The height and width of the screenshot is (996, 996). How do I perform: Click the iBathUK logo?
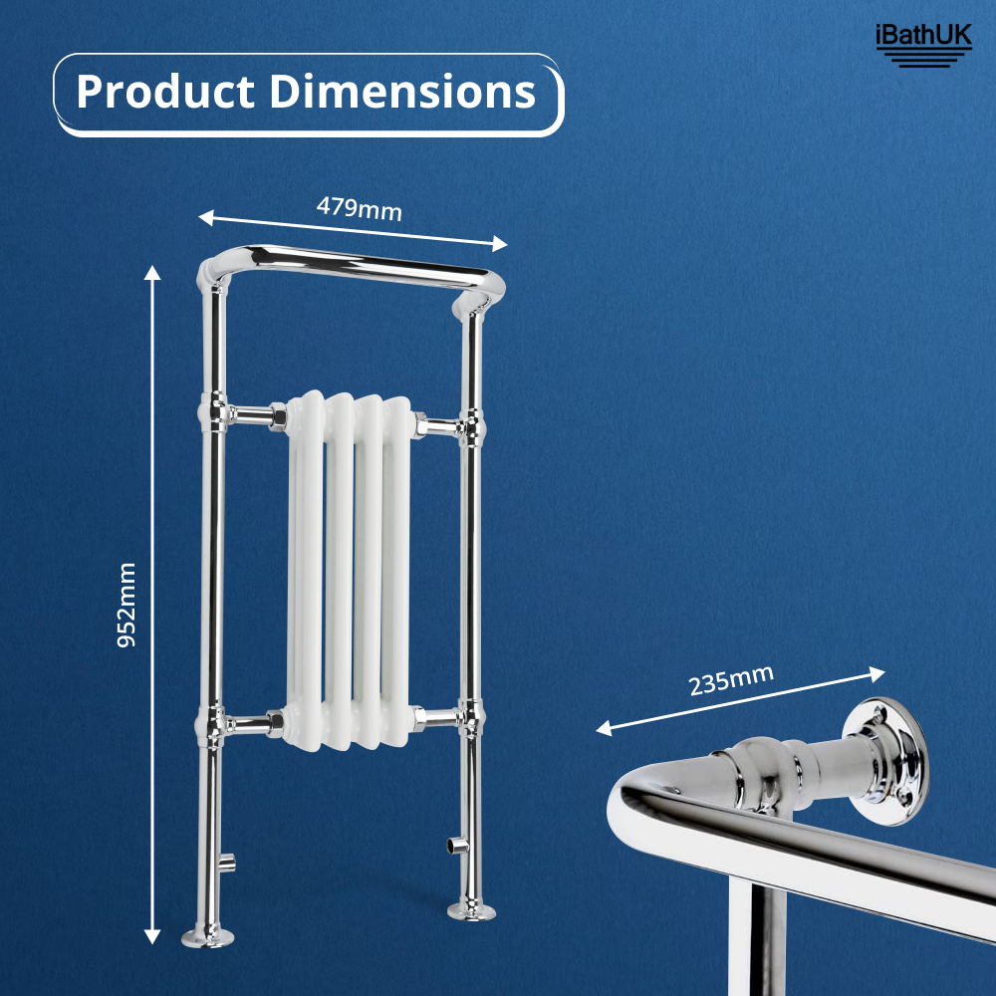pos(922,43)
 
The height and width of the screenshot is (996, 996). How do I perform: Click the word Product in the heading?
pos(165,93)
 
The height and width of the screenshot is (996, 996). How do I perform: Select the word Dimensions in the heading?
pos(402,93)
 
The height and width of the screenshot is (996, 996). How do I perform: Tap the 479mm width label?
pos(359,209)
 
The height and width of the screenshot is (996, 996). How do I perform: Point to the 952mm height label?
pos(126,605)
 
